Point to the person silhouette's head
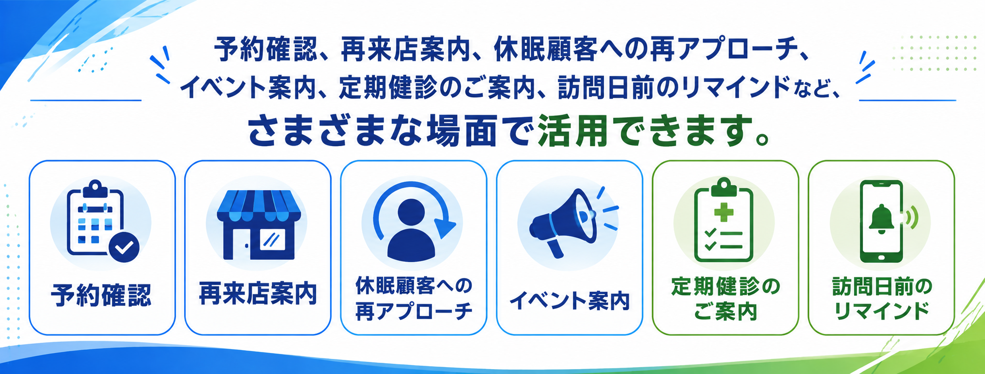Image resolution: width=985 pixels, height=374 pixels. pos(411,212)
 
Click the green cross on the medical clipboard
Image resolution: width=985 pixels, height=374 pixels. pos(723,212)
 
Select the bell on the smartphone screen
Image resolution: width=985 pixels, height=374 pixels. pos(880,219)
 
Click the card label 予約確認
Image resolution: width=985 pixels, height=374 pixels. pos(101,295)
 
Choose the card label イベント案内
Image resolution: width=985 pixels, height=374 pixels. pos(569,300)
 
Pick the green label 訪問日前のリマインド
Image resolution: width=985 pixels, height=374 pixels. pos(882,299)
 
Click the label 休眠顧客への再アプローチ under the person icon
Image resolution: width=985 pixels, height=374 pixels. pos(414,299)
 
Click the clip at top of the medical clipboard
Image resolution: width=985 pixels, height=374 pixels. pos(723,185)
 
